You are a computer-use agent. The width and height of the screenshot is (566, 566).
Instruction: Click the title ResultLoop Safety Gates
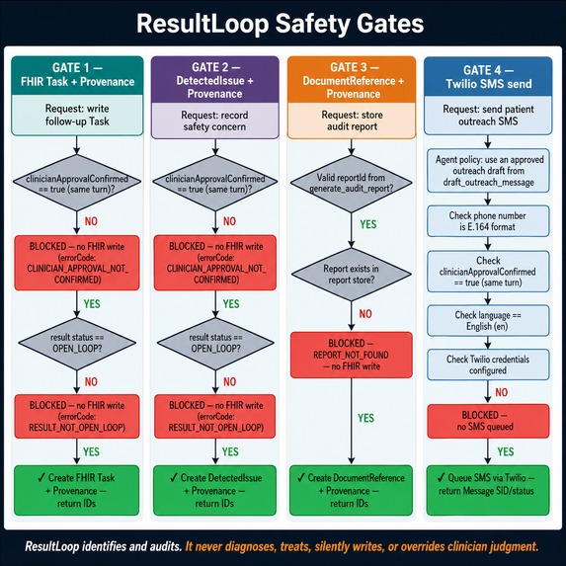(281, 24)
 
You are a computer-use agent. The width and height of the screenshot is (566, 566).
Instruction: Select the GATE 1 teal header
(77, 75)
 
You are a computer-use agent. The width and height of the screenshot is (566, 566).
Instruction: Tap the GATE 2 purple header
(214, 79)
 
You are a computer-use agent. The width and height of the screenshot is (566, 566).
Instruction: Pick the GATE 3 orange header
(352, 79)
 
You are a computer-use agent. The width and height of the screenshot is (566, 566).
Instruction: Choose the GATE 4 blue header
(488, 76)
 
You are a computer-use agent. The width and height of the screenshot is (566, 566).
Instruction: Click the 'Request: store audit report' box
(352, 121)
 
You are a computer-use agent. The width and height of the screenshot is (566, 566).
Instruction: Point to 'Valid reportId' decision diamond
(352, 184)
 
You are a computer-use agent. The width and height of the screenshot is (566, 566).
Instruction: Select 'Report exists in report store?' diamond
(352, 275)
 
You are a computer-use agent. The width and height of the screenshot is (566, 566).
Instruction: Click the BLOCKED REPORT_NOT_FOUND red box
(352, 355)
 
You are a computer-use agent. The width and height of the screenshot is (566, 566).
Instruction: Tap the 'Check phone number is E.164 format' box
(488, 221)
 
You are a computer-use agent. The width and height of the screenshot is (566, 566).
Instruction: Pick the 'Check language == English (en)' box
(488, 321)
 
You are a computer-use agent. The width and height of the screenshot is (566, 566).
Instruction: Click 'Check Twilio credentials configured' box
(488, 364)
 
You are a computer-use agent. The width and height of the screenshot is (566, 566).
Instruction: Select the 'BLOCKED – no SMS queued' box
(488, 421)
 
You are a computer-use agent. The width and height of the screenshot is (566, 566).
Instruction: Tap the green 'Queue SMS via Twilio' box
(488, 490)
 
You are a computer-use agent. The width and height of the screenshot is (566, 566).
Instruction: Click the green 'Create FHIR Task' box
(76, 490)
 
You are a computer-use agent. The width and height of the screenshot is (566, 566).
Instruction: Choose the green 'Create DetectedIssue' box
(214, 490)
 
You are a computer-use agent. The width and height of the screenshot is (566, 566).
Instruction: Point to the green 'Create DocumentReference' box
(351, 490)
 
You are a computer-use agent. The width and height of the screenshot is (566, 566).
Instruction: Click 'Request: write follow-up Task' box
(77, 116)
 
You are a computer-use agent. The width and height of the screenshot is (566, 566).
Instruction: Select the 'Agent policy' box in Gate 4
(488, 171)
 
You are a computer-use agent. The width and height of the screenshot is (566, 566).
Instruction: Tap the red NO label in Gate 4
(502, 392)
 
